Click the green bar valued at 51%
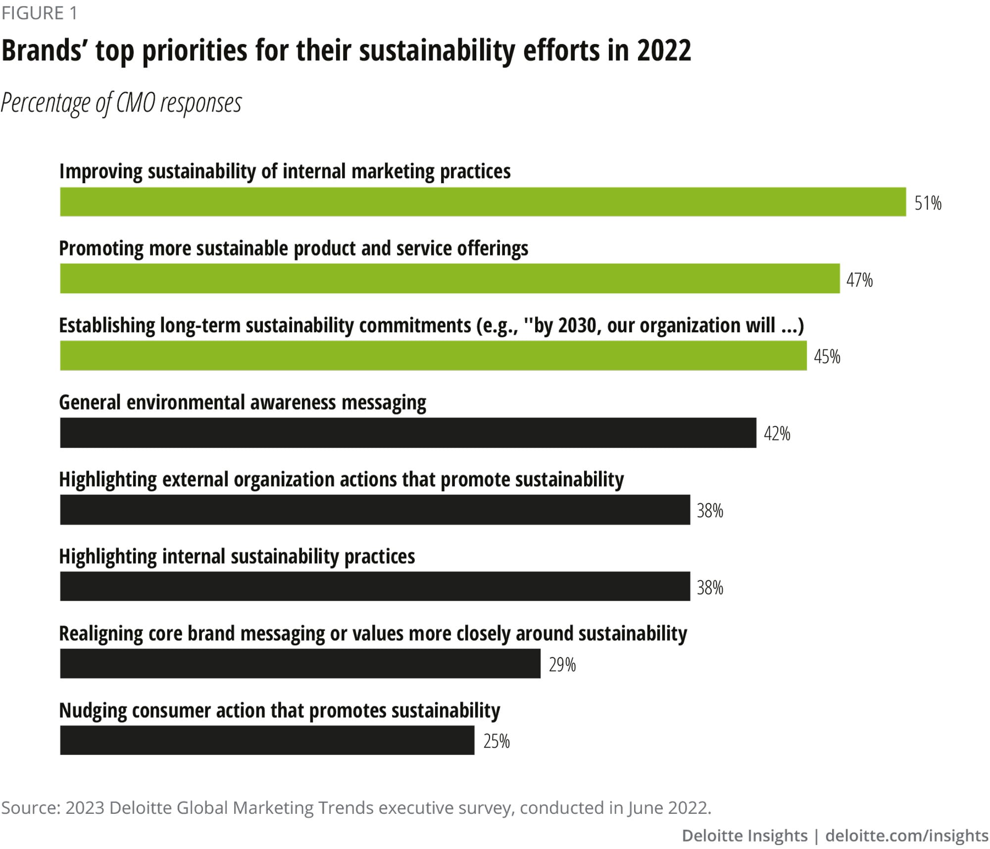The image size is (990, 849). coord(483,202)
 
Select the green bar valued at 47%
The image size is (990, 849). coord(449,278)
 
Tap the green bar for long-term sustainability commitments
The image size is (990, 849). coord(433,356)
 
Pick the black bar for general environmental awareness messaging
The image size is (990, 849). coord(408,433)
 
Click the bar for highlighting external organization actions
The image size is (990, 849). coord(375,510)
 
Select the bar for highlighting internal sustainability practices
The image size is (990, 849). coord(375,586)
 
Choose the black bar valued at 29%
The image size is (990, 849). coord(300,664)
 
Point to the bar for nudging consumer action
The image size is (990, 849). coord(267,741)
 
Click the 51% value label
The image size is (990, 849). coord(928,203)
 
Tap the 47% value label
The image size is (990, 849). coord(859,280)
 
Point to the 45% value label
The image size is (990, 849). coord(827,357)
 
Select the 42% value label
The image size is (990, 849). coord(777,434)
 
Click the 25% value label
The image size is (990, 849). coord(496,742)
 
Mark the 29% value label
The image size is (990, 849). coord(562,665)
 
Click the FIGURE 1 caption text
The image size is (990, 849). coord(39,13)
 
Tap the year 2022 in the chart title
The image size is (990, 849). coord(664,51)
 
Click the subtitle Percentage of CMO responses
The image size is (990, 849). coord(121,103)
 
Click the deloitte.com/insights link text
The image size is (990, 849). coord(907,836)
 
